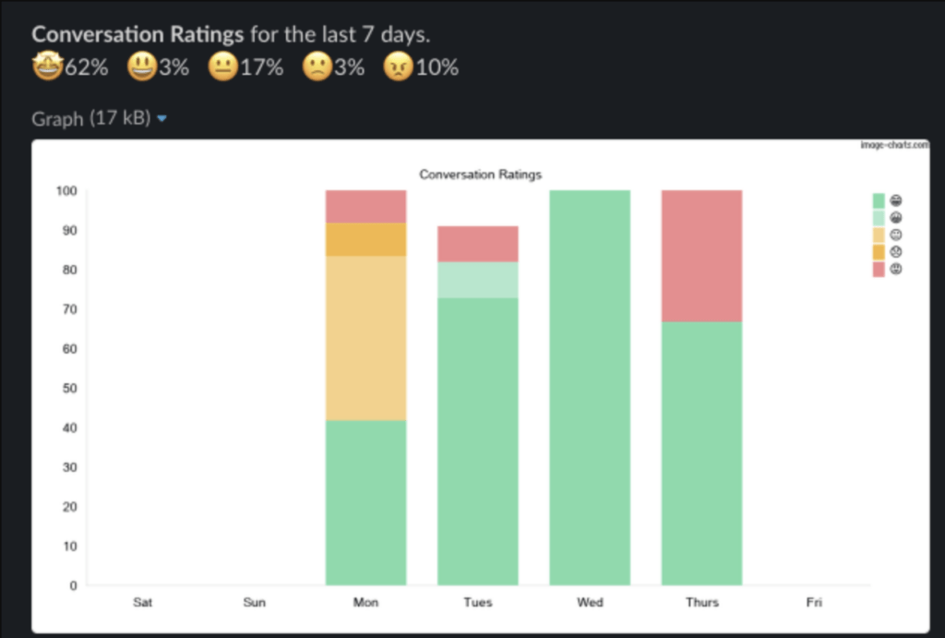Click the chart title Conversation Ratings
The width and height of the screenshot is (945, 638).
pos(480,174)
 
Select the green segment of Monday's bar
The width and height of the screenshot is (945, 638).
pos(365,503)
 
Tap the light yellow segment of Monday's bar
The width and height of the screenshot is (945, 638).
pos(365,338)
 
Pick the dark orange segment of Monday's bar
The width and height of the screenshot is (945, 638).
pos(365,239)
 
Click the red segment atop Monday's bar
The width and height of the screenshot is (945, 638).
pos(365,206)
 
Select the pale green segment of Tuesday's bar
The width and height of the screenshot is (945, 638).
pos(477,280)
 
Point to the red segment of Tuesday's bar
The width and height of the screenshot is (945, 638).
pos(477,244)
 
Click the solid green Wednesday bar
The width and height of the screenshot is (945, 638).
pos(590,388)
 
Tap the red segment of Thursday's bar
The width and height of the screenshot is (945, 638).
pos(701,256)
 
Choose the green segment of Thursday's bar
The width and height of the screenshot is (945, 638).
pos(701,453)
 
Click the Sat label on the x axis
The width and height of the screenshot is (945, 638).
pos(142,603)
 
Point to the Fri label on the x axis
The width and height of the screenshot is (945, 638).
pos(813,603)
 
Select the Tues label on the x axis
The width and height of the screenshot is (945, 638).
pos(477,603)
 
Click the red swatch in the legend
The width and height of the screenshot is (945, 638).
pos(879,269)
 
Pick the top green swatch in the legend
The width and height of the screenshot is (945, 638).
pos(879,200)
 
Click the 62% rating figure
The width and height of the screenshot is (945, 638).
pos(86,67)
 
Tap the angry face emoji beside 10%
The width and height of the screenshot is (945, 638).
pos(397,67)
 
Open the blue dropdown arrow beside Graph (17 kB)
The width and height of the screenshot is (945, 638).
pos(162,119)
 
